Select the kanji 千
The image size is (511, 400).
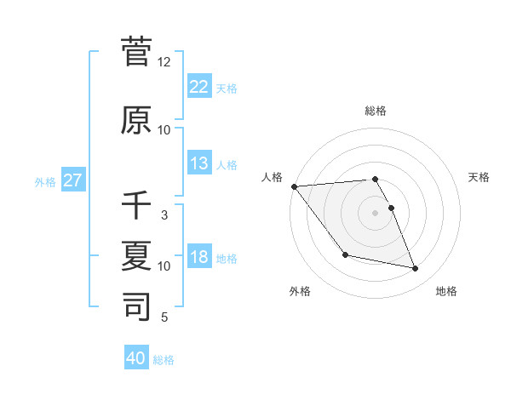(137, 205)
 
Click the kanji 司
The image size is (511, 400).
(137, 306)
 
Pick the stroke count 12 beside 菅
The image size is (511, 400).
(164, 62)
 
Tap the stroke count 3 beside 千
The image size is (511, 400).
(164, 215)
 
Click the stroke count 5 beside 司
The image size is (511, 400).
(164, 317)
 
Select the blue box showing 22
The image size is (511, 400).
(198, 88)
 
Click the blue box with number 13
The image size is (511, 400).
(198, 163)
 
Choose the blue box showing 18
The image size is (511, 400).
(198, 257)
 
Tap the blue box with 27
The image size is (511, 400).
(72, 180)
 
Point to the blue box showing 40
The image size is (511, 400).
(136, 358)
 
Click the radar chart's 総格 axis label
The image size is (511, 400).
(376, 111)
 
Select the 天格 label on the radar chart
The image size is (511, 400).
(479, 177)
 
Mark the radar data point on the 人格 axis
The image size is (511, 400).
(294, 186)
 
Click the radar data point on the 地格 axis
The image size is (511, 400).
(416, 269)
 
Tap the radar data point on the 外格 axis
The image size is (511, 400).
(345, 254)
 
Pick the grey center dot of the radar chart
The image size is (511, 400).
(376, 213)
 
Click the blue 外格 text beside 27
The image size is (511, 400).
(45, 181)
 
